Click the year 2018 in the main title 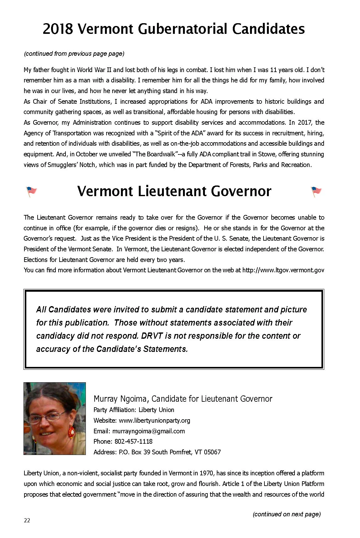58,29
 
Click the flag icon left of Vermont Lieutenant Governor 31,191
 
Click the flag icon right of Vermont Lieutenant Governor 316,191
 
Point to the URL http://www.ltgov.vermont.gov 283,270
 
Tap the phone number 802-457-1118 133,441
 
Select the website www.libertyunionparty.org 154,420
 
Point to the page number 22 27,520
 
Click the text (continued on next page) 286,514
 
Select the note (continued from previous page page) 74,54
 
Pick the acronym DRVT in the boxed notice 152,336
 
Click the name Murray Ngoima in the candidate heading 120,399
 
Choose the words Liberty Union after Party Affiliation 156,410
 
